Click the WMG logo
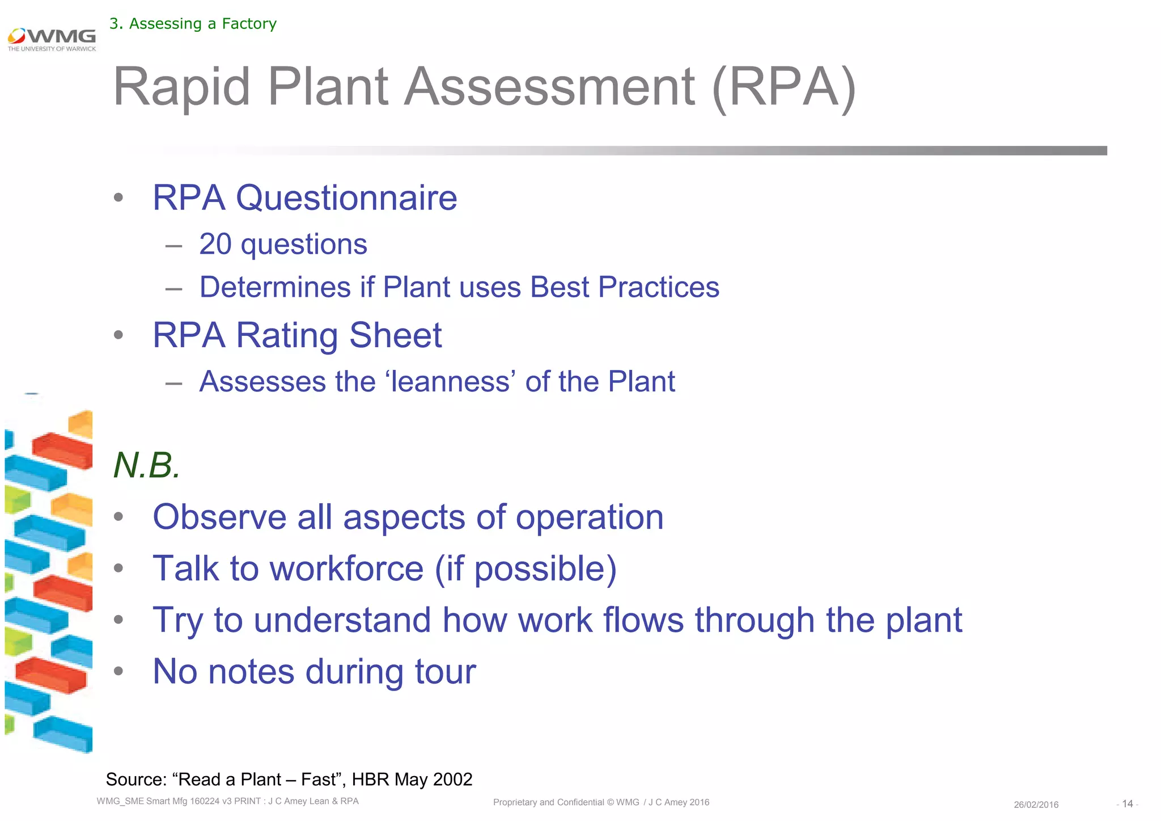point(52,39)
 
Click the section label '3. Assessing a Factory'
point(193,24)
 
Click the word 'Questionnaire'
point(346,198)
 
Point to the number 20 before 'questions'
point(215,245)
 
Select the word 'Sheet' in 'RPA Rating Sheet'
point(395,335)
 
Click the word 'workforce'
point(346,569)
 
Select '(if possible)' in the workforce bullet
point(526,569)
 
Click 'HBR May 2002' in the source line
point(412,780)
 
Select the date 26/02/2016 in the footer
point(1036,805)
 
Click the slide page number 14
point(1127,804)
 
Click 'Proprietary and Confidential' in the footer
point(548,802)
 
